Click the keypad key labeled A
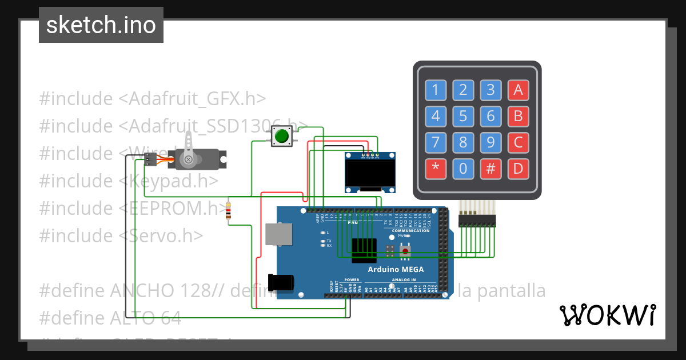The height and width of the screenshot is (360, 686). click(518, 90)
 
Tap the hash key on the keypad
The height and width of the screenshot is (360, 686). click(490, 169)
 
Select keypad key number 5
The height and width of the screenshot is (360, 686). click(463, 117)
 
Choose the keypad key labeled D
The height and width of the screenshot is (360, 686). click(518, 169)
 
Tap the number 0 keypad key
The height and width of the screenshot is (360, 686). click(463, 169)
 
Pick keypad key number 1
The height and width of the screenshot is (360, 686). click(436, 90)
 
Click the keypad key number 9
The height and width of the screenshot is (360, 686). click(490, 142)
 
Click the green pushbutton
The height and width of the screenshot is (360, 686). click(281, 137)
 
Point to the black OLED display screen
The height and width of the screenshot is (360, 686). click(370, 173)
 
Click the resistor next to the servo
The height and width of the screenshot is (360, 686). click(229, 211)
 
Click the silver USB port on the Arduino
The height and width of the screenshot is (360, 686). click(279, 234)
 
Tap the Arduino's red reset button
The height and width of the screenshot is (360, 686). click(405, 250)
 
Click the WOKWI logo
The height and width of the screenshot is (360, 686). click(607, 315)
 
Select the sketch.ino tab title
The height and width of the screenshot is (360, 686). click(101, 25)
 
